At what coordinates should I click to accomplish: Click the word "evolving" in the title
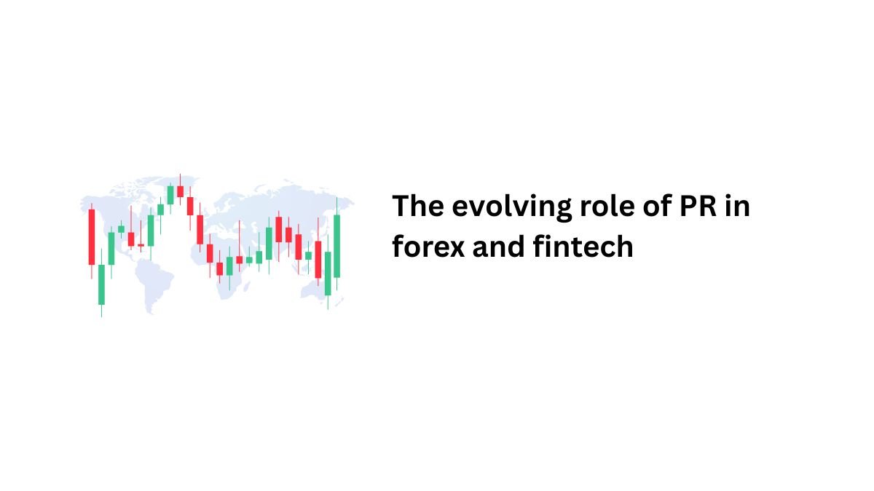pyautogui.click(x=512, y=207)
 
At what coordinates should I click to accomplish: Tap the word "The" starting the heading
pyautogui.click(x=418, y=205)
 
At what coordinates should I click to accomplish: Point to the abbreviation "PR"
pyautogui.click(x=698, y=205)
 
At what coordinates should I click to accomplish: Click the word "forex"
pyautogui.click(x=428, y=247)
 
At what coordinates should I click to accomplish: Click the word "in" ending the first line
pyautogui.click(x=737, y=206)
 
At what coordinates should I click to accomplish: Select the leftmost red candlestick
pyautogui.click(x=92, y=237)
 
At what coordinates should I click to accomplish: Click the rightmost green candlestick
pyautogui.click(x=336, y=246)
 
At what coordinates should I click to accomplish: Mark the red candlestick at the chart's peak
pyautogui.click(x=181, y=191)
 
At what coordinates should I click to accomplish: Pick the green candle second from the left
pyautogui.click(x=111, y=248)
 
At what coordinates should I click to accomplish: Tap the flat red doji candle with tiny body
pyautogui.click(x=141, y=245)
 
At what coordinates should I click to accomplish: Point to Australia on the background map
pyautogui.click(x=317, y=289)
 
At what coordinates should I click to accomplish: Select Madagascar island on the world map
pyautogui.click(x=247, y=286)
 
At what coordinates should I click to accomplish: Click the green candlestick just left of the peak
pyautogui.click(x=170, y=195)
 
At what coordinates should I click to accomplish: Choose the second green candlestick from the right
pyautogui.click(x=328, y=274)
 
